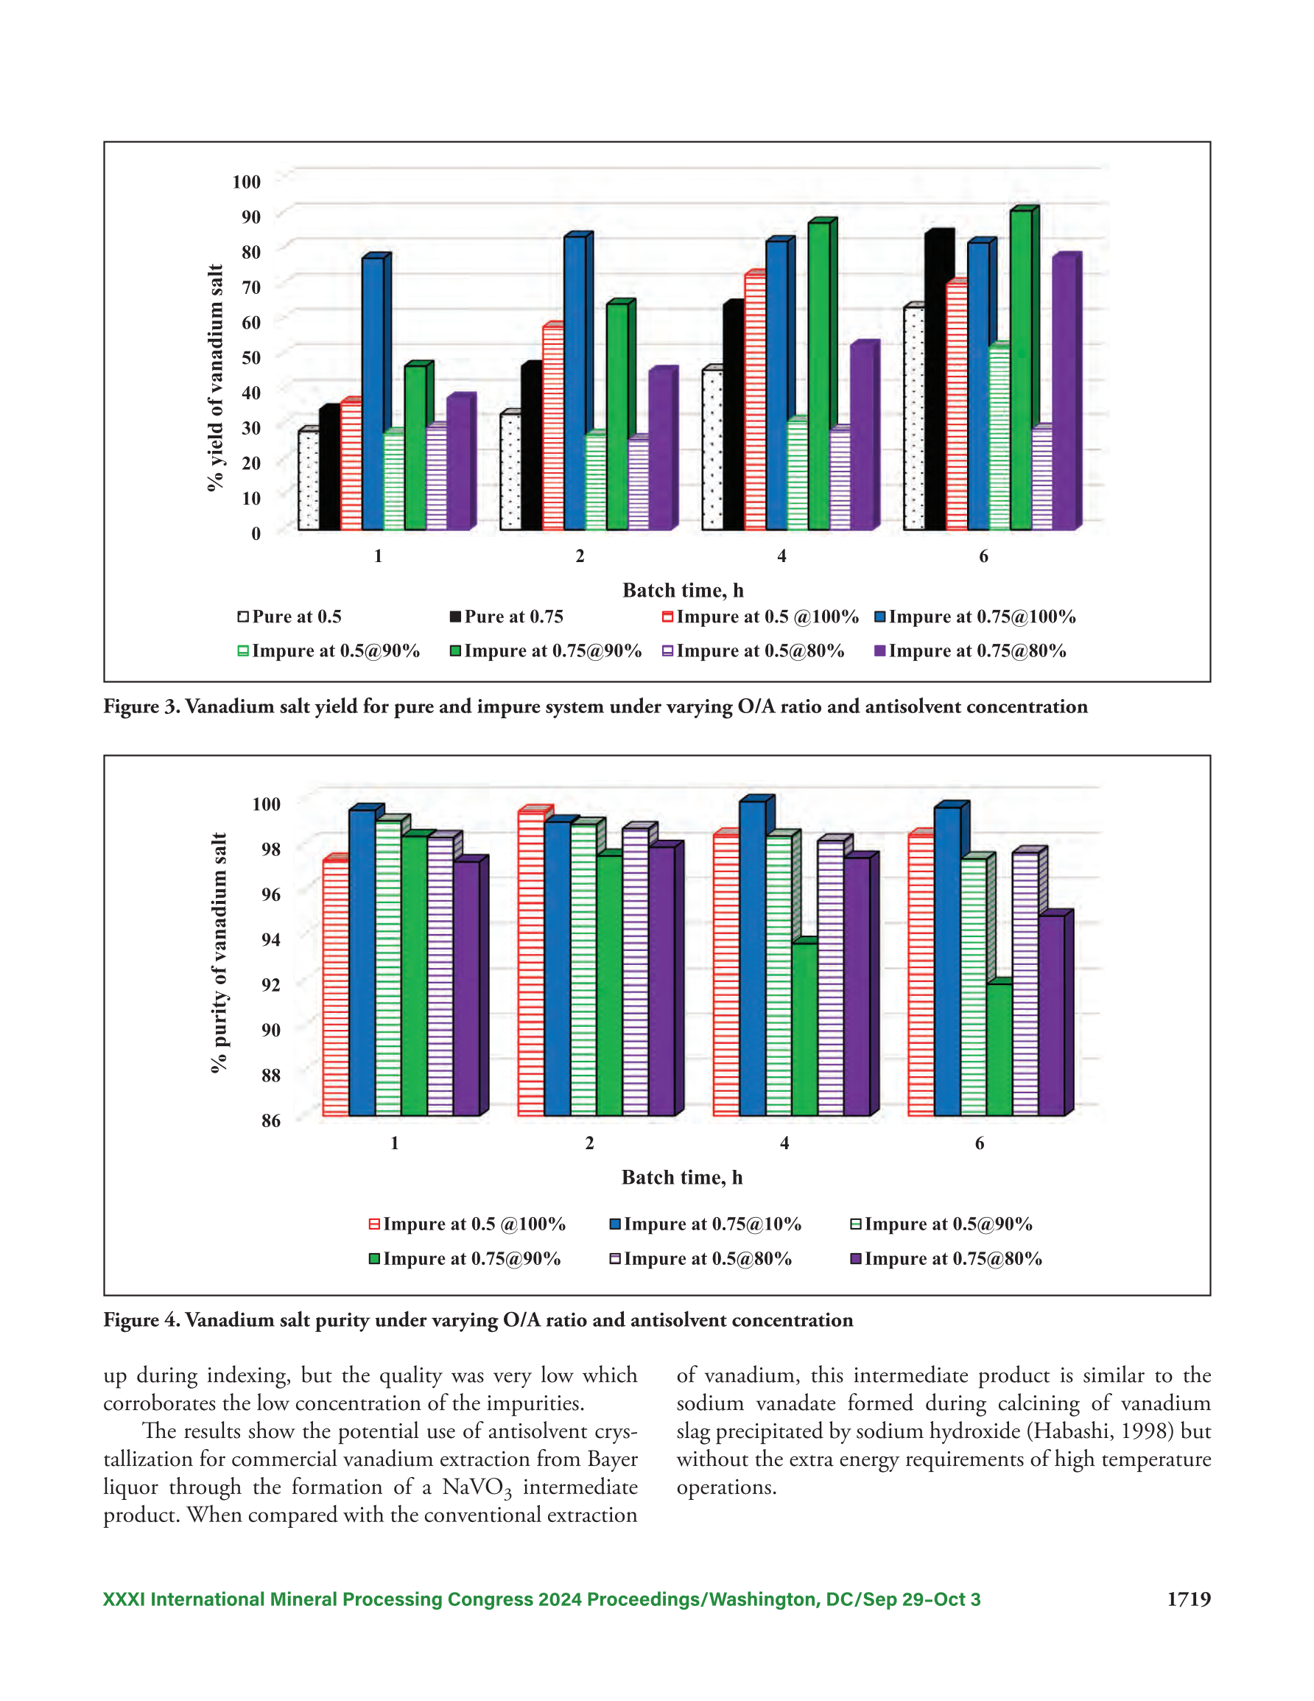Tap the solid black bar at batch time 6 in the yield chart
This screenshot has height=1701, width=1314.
click(937, 379)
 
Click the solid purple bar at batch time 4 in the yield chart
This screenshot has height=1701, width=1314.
click(865, 435)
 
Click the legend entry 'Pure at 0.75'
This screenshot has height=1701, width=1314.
click(506, 617)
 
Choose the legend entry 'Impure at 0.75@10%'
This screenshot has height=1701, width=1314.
click(705, 1224)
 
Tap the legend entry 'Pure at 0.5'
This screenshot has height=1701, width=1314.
click(289, 617)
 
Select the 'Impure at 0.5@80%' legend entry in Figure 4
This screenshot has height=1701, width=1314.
click(700, 1258)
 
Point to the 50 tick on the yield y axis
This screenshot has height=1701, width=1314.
click(251, 357)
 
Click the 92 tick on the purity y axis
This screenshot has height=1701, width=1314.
click(270, 985)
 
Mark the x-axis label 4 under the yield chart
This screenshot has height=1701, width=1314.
click(781, 556)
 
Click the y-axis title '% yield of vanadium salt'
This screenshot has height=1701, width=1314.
click(216, 378)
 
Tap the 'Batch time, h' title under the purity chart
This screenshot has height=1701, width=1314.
click(681, 1178)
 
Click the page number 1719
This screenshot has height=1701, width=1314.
click(1189, 1599)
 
